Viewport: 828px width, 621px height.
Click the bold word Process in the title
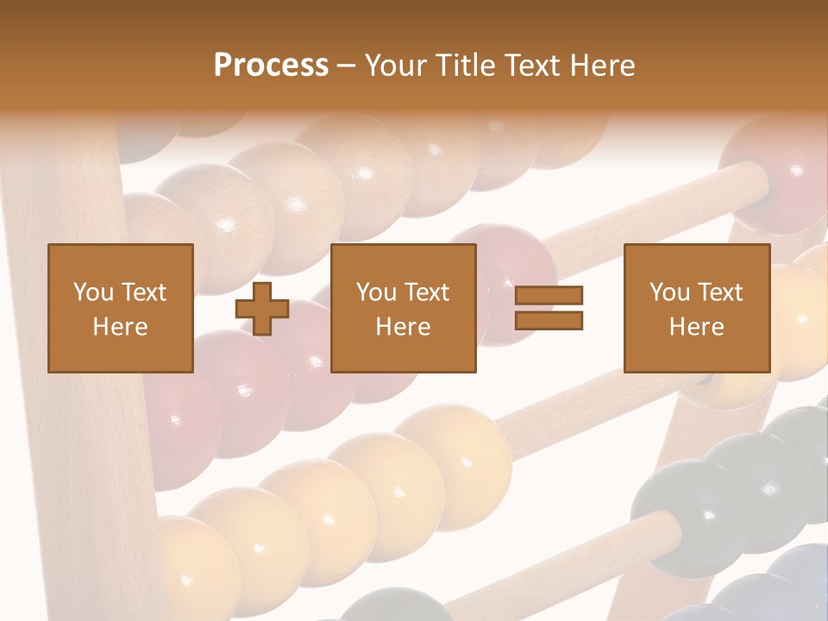tap(271, 65)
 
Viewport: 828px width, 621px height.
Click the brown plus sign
tap(262, 309)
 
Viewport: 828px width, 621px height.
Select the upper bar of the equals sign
tap(549, 296)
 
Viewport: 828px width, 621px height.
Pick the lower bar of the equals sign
tap(549, 320)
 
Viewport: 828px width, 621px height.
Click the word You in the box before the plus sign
tap(93, 292)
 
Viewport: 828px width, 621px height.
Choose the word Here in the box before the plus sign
tap(120, 327)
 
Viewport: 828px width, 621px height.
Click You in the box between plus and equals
tap(376, 292)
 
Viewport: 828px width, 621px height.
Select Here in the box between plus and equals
tap(403, 327)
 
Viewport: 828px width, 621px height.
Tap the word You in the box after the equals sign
tap(669, 292)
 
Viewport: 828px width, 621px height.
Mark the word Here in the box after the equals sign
tap(696, 327)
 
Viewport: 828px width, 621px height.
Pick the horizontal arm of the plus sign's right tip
tap(281, 309)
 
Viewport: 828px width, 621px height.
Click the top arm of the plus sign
tap(262, 290)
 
